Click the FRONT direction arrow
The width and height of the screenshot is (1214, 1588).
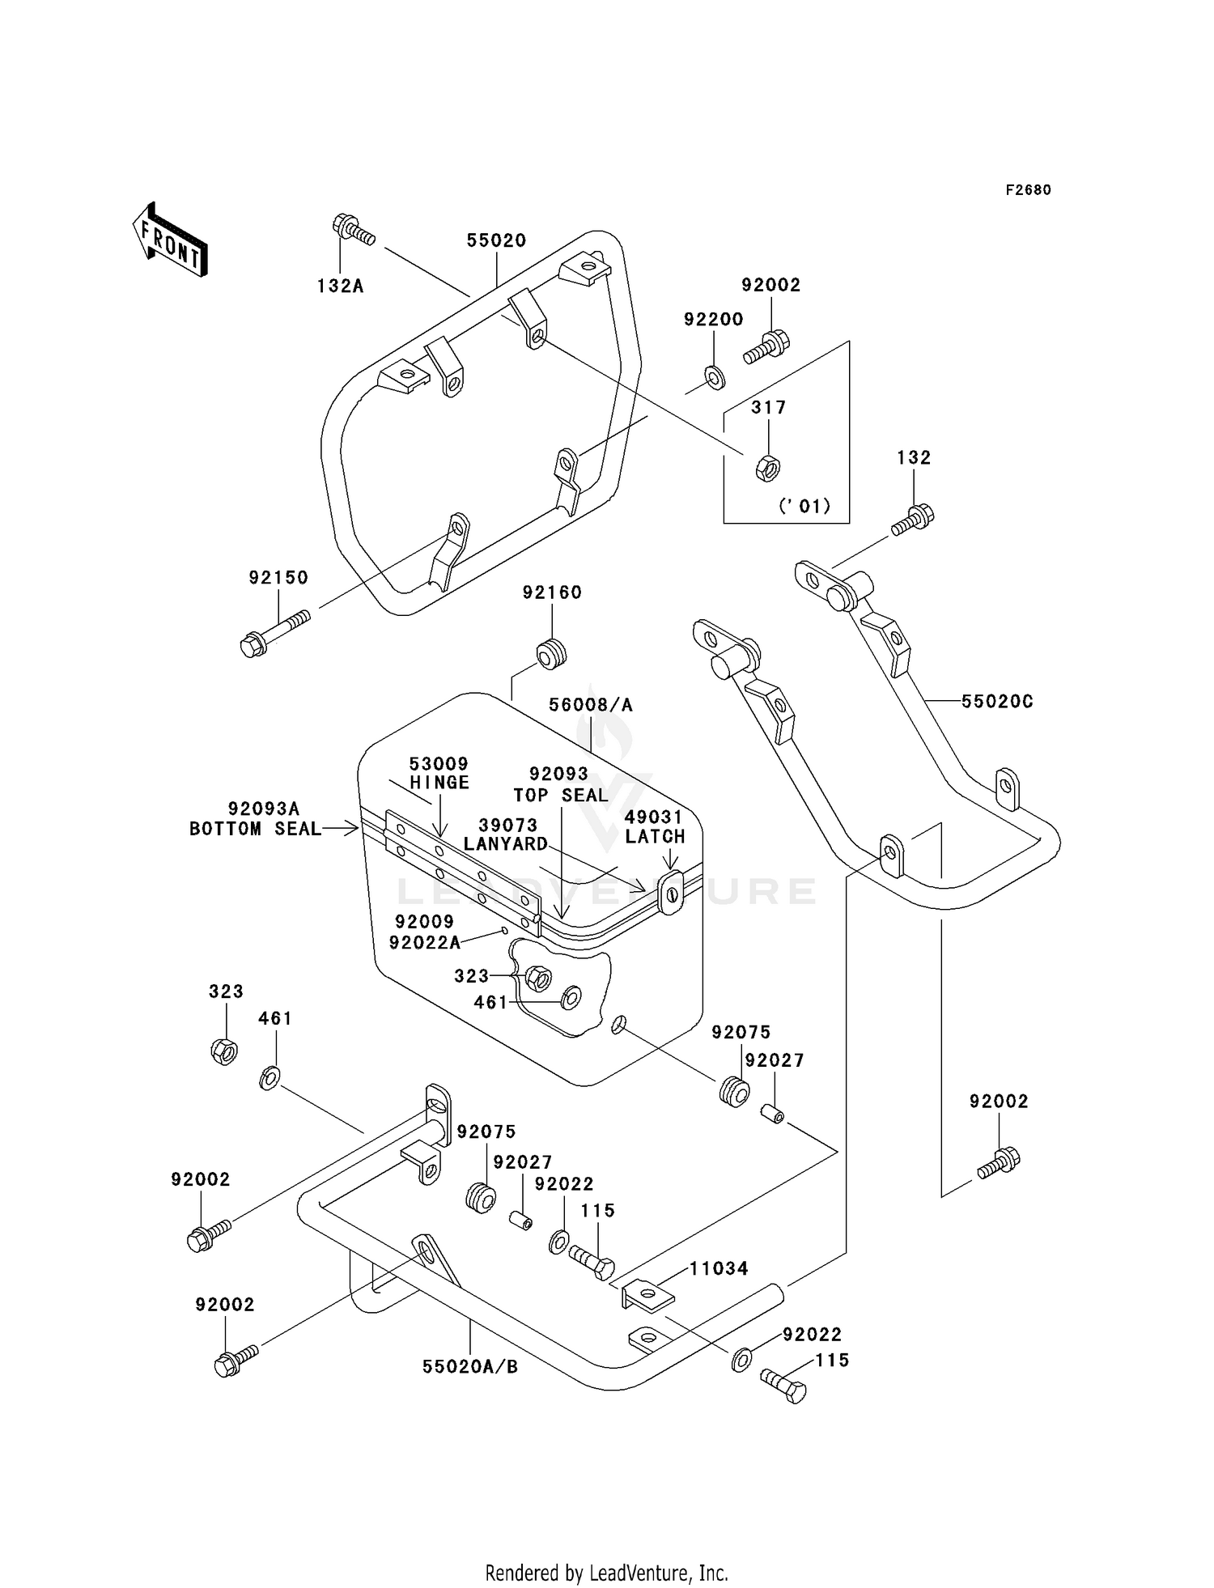click(169, 240)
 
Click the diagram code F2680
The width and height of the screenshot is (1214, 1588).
click(1028, 190)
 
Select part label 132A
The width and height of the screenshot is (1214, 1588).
click(340, 286)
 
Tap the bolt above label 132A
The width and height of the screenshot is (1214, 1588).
click(353, 229)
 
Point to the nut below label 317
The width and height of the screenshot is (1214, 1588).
click(766, 468)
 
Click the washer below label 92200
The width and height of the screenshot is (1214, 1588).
click(715, 376)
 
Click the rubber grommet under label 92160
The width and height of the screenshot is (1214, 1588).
click(552, 653)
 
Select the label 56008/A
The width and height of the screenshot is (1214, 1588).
click(591, 705)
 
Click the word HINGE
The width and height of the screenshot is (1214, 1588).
click(439, 783)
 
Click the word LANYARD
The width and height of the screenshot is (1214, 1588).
click(506, 843)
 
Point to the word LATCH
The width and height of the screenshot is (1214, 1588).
click(655, 836)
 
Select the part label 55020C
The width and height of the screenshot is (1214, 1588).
click(997, 702)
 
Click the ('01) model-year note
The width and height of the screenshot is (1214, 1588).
click(804, 506)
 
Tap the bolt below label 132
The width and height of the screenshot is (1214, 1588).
click(913, 520)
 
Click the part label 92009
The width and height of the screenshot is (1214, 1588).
click(425, 922)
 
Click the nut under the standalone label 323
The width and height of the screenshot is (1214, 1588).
click(223, 1051)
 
